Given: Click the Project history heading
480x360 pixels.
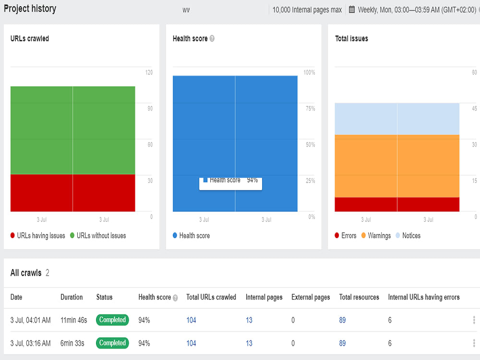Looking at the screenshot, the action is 30,9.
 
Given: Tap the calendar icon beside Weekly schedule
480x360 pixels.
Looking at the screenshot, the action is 352,10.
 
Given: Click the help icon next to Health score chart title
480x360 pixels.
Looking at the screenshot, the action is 212,38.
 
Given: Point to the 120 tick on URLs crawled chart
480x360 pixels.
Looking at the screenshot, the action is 149,72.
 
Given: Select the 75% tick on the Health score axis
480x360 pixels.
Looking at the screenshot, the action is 310,108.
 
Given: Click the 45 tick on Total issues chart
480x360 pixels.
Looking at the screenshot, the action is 474,108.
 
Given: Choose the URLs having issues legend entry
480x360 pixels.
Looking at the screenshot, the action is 37,235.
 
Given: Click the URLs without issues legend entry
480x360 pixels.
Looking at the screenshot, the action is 98,235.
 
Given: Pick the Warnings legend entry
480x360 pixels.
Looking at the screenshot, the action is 376,235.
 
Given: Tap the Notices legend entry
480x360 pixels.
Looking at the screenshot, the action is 408,235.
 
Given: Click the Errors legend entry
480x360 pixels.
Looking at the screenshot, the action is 346,235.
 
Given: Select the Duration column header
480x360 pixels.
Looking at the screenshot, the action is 72,297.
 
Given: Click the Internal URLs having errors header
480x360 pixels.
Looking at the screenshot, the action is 424,297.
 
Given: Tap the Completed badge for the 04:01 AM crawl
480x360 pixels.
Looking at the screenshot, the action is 112,320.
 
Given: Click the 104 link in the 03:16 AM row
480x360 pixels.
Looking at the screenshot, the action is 191,343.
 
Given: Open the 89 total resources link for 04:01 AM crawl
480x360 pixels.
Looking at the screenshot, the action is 342,320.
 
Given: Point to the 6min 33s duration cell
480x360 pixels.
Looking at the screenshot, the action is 72,343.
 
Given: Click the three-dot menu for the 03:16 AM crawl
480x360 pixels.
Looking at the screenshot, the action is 474,343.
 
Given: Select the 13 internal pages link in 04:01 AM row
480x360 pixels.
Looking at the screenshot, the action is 249,320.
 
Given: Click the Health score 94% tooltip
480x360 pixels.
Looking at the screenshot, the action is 230,183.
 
